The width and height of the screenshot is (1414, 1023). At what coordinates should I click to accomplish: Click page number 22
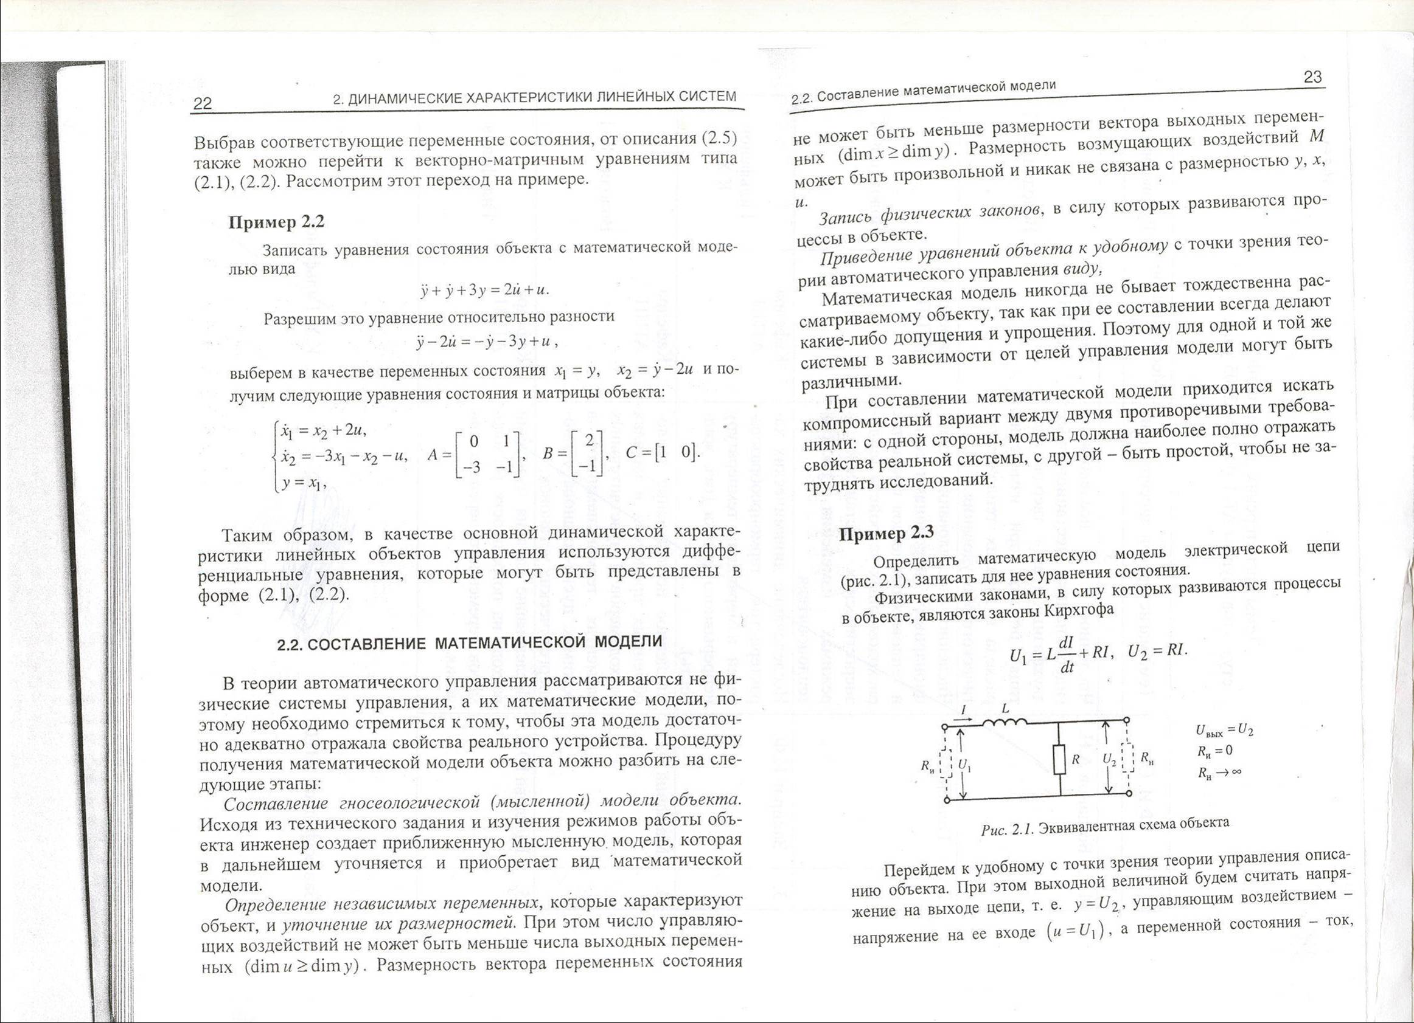203,103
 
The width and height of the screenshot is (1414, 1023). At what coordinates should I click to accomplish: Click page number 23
1312,77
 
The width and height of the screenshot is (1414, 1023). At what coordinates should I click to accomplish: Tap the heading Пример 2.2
276,222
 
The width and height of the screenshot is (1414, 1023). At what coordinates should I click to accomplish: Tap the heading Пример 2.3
886,533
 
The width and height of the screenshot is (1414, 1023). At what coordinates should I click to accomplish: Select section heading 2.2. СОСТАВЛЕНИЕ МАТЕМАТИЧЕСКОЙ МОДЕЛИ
470,643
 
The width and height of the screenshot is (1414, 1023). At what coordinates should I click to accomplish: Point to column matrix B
586,453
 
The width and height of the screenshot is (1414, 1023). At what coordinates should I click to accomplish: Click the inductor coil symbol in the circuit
1006,723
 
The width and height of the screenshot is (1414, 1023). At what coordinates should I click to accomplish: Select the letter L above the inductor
1005,709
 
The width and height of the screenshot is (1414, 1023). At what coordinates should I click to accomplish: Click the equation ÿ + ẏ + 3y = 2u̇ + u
484,291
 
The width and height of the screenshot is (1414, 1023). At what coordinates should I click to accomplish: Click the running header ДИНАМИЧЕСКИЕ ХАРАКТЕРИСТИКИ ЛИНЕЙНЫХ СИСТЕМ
534,97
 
